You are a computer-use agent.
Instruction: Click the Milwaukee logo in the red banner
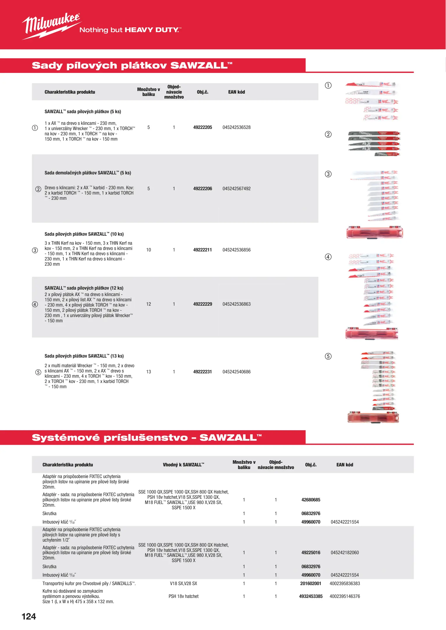click(51, 26)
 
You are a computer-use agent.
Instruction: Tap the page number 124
click(29, 616)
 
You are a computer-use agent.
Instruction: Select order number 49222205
click(202, 127)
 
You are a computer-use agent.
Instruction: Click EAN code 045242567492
click(236, 189)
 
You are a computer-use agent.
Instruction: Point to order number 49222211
click(202, 250)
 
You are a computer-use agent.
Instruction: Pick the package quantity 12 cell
click(148, 304)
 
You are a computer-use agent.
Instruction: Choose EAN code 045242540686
click(236, 372)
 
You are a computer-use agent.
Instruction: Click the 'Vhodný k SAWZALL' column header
click(183, 465)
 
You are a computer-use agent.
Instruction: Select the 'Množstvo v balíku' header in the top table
click(148, 92)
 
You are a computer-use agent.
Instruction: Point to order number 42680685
click(311, 500)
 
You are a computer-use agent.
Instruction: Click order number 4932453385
click(311, 596)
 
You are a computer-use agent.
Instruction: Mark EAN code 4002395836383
click(344, 584)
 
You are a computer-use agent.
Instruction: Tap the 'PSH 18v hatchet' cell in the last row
click(183, 596)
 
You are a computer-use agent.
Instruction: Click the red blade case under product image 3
click(375, 233)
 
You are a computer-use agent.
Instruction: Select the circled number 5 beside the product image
click(328, 356)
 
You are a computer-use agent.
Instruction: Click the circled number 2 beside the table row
click(38, 189)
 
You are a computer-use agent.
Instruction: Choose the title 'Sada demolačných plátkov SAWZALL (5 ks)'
click(88, 173)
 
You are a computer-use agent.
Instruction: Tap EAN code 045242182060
click(344, 553)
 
